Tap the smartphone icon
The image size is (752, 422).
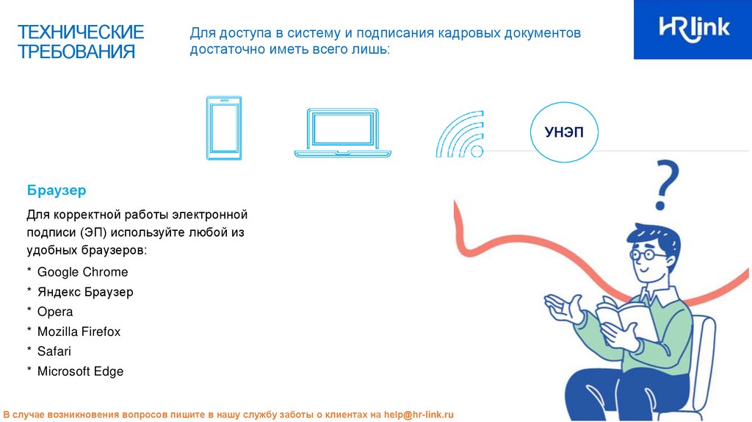(x=223, y=128)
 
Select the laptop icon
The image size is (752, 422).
(x=343, y=132)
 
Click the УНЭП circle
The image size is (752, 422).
(x=565, y=132)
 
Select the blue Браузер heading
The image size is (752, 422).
(x=57, y=190)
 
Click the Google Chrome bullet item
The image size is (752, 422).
(x=82, y=272)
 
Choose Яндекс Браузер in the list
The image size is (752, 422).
(x=85, y=292)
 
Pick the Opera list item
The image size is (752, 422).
(x=55, y=312)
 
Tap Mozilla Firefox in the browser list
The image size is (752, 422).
(x=79, y=332)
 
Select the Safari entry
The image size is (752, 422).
(x=54, y=351)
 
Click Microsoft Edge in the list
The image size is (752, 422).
(x=80, y=371)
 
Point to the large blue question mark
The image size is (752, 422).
(x=665, y=185)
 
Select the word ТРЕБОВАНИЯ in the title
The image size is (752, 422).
(x=76, y=52)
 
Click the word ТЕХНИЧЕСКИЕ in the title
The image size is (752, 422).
(x=81, y=32)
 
